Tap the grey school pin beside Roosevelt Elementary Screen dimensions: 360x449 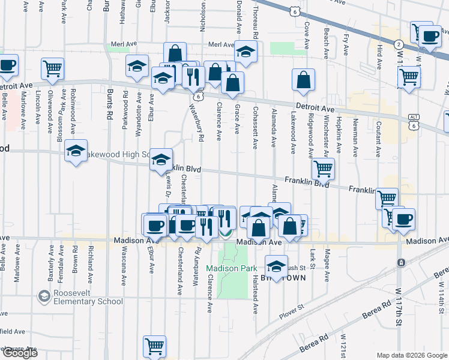pos(44,296)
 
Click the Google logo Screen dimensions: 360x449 pos(20,352)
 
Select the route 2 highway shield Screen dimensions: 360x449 pos(399,44)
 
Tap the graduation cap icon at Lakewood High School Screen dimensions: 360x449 pos(76,151)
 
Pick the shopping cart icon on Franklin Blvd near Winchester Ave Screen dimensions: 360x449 pos(324,170)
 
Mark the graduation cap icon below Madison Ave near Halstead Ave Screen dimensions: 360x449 pos(276,265)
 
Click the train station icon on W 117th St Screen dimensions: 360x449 pos(401,263)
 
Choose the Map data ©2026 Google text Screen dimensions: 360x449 pos(412,355)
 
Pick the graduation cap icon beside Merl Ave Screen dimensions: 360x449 pos(245,52)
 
